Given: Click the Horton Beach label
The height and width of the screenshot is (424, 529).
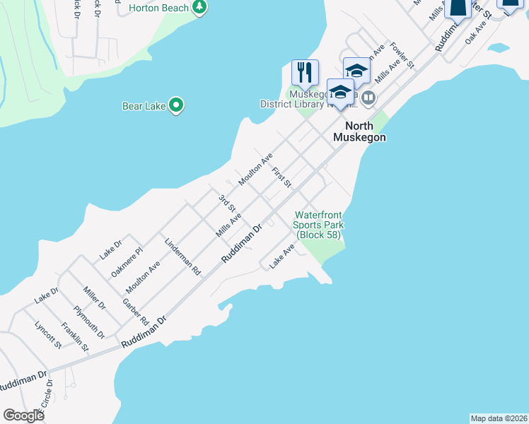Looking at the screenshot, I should [160, 8].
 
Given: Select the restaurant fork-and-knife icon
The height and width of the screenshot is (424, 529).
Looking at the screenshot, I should [305, 71].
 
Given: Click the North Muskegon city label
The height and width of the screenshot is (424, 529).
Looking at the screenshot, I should [360, 131].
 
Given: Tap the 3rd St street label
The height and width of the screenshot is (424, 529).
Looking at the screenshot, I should [226, 203].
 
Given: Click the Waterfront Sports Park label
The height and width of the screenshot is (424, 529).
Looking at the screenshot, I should [318, 224].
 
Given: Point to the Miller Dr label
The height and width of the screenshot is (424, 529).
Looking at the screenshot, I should [93, 299].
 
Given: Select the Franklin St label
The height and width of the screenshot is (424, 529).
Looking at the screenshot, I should [74, 337].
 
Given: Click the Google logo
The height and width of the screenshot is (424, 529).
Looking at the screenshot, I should [23, 416].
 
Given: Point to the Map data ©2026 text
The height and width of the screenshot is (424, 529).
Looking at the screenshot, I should [499, 418].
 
